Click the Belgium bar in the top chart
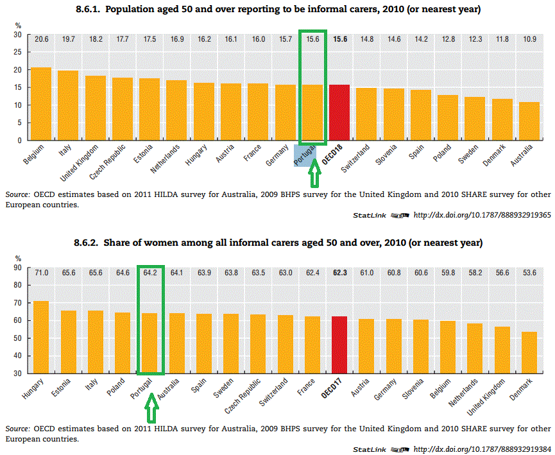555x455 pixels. [41, 103]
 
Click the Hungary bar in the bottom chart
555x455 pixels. [41, 337]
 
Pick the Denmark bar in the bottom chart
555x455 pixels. [529, 352]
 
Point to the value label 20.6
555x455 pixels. [42, 39]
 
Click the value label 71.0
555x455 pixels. [41, 272]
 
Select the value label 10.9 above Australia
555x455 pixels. [529, 39]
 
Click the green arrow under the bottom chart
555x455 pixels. [151, 406]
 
